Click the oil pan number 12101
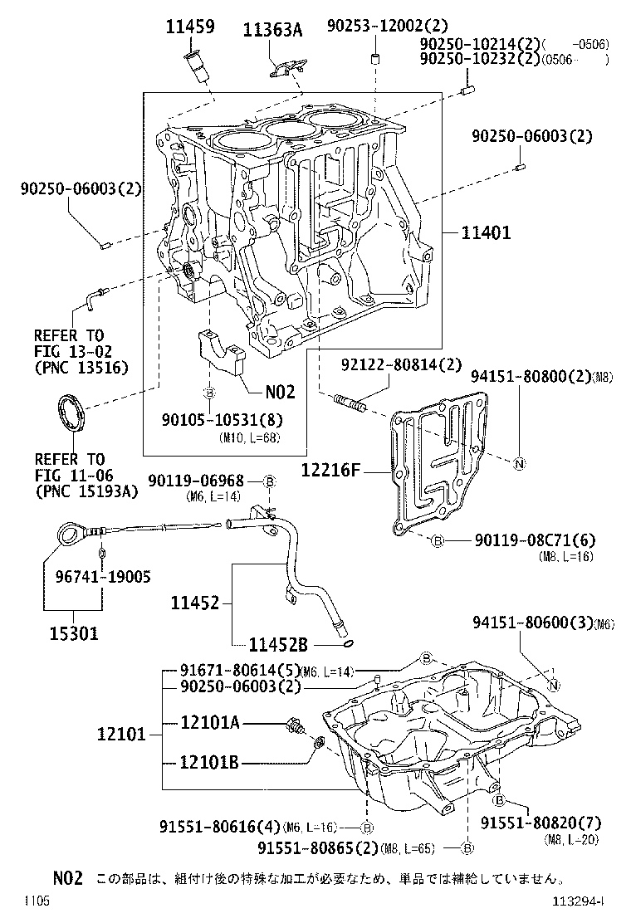[x=121, y=734]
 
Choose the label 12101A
[x=210, y=723]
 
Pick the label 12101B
[x=210, y=762]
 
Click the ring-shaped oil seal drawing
[x=70, y=414]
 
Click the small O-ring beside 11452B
[x=348, y=643]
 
